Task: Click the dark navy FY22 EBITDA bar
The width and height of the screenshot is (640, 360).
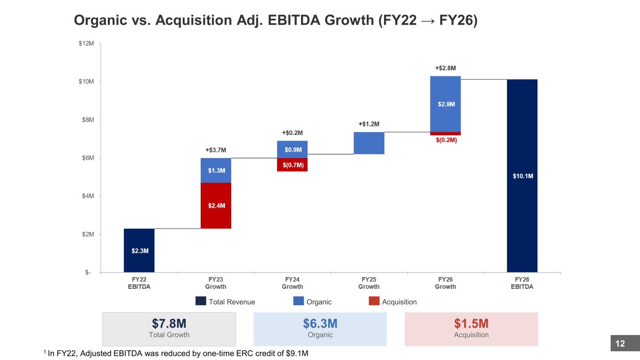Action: [x=139, y=250]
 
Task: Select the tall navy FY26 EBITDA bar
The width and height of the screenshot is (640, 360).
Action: [x=522, y=176]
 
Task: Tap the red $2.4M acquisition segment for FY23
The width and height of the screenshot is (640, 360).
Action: [x=216, y=205]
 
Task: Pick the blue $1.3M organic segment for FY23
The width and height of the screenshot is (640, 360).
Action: [x=216, y=170]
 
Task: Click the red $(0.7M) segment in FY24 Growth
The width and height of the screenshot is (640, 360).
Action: [x=292, y=165]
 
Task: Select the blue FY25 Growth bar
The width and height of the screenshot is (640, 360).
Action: [x=369, y=143]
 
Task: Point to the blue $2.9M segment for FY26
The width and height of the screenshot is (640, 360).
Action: [x=445, y=104]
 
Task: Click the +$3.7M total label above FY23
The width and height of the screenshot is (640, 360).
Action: [x=216, y=150]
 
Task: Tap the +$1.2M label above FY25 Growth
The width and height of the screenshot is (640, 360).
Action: [x=369, y=124]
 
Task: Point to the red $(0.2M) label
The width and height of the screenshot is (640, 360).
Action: [x=446, y=140]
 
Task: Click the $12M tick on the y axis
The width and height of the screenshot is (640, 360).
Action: [x=86, y=44]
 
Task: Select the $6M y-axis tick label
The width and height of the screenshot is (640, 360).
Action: [x=88, y=158]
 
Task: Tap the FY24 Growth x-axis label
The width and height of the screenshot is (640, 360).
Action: [x=292, y=283]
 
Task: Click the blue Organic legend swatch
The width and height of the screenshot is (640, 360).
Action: [x=299, y=301]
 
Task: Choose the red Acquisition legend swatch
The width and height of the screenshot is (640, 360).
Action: [x=374, y=301]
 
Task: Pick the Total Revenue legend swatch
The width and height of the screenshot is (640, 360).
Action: [x=201, y=301]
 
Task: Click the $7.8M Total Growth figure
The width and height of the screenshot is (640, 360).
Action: [x=169, y=323]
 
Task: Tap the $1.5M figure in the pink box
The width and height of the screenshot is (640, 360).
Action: [x=471, y=323]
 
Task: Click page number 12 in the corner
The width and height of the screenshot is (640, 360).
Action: [x=620, y=344]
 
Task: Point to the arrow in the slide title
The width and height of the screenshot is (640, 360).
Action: [x=428, y=21]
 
